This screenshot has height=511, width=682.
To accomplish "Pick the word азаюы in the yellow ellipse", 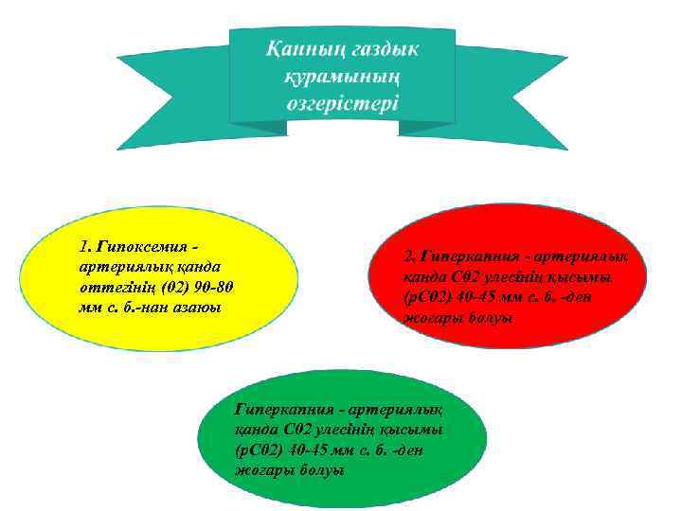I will tap(193, 304).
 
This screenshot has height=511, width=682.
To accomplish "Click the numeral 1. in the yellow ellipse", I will tap(88, 247).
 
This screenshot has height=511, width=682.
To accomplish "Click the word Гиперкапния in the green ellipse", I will tap(282, 410).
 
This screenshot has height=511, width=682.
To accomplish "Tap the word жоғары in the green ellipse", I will tap(261, 470).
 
